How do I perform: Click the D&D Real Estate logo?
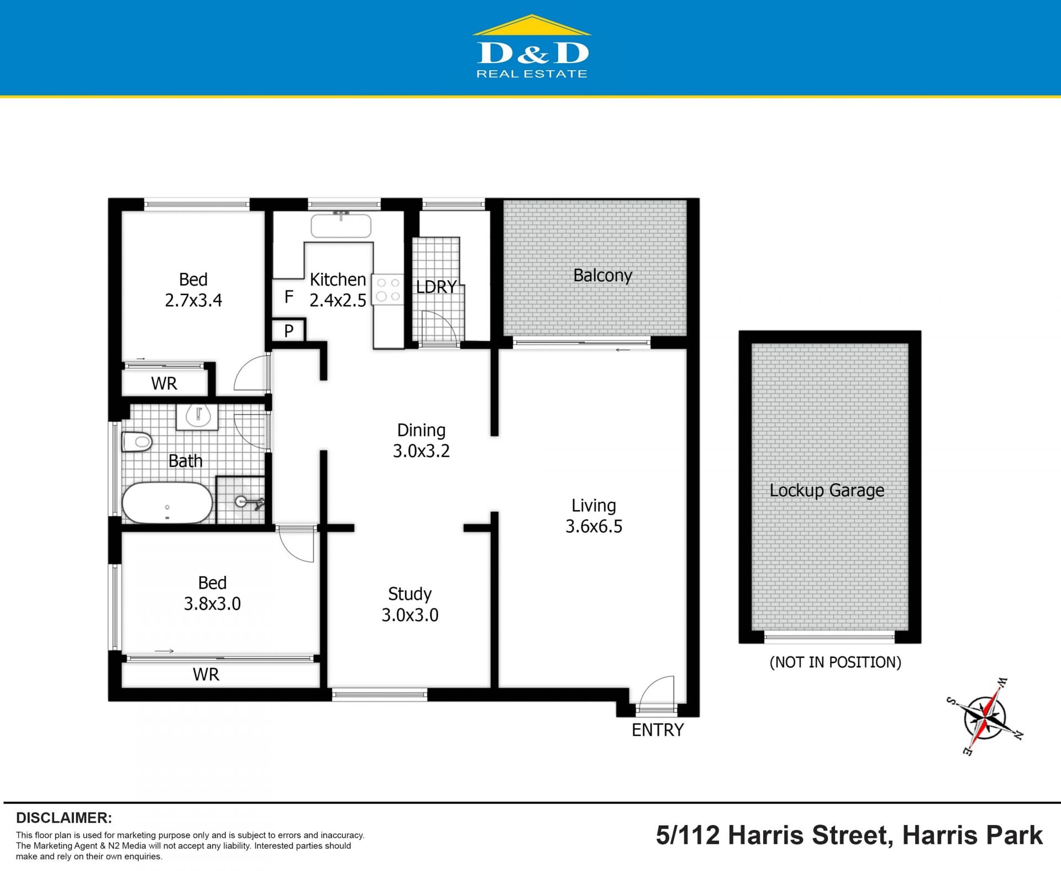[x=532, y=47]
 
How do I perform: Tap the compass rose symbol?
[x=985, y=716]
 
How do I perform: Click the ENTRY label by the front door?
[x=658, y=730]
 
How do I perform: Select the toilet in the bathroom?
[x=137, y=442]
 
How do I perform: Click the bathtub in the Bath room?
[x=167, y=502]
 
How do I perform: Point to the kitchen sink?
[x=341, y=225]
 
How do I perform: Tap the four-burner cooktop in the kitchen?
[x=388, y=290]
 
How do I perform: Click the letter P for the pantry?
[x=288, y=331]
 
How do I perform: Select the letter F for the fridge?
[x=288, y=297]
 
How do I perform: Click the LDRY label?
[x=437, y=287]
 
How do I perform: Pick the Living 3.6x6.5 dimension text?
[x=593, y=526]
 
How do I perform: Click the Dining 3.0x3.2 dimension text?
[x=421, y=451]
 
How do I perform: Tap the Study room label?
[x=409, y=594]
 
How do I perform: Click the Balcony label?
[x=602, y=275]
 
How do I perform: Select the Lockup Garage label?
[x=827, y=490]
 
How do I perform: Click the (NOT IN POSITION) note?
[x=835, y=662]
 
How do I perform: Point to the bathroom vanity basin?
[x=197, y=417]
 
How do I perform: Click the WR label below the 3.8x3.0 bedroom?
[x=206, y=674]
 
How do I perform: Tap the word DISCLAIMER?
[x=64, y=818]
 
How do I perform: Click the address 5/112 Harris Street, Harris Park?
[x=849, y=835]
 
